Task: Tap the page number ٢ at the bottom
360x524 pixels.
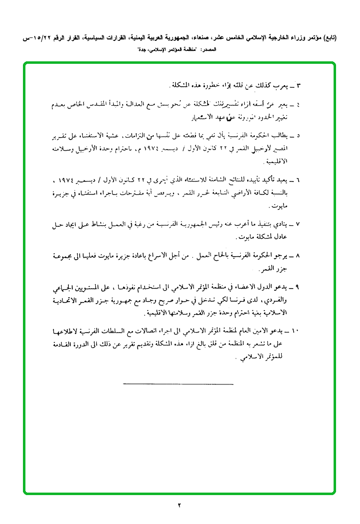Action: coord(179,505)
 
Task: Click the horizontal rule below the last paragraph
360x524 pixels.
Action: coord(178,383)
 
